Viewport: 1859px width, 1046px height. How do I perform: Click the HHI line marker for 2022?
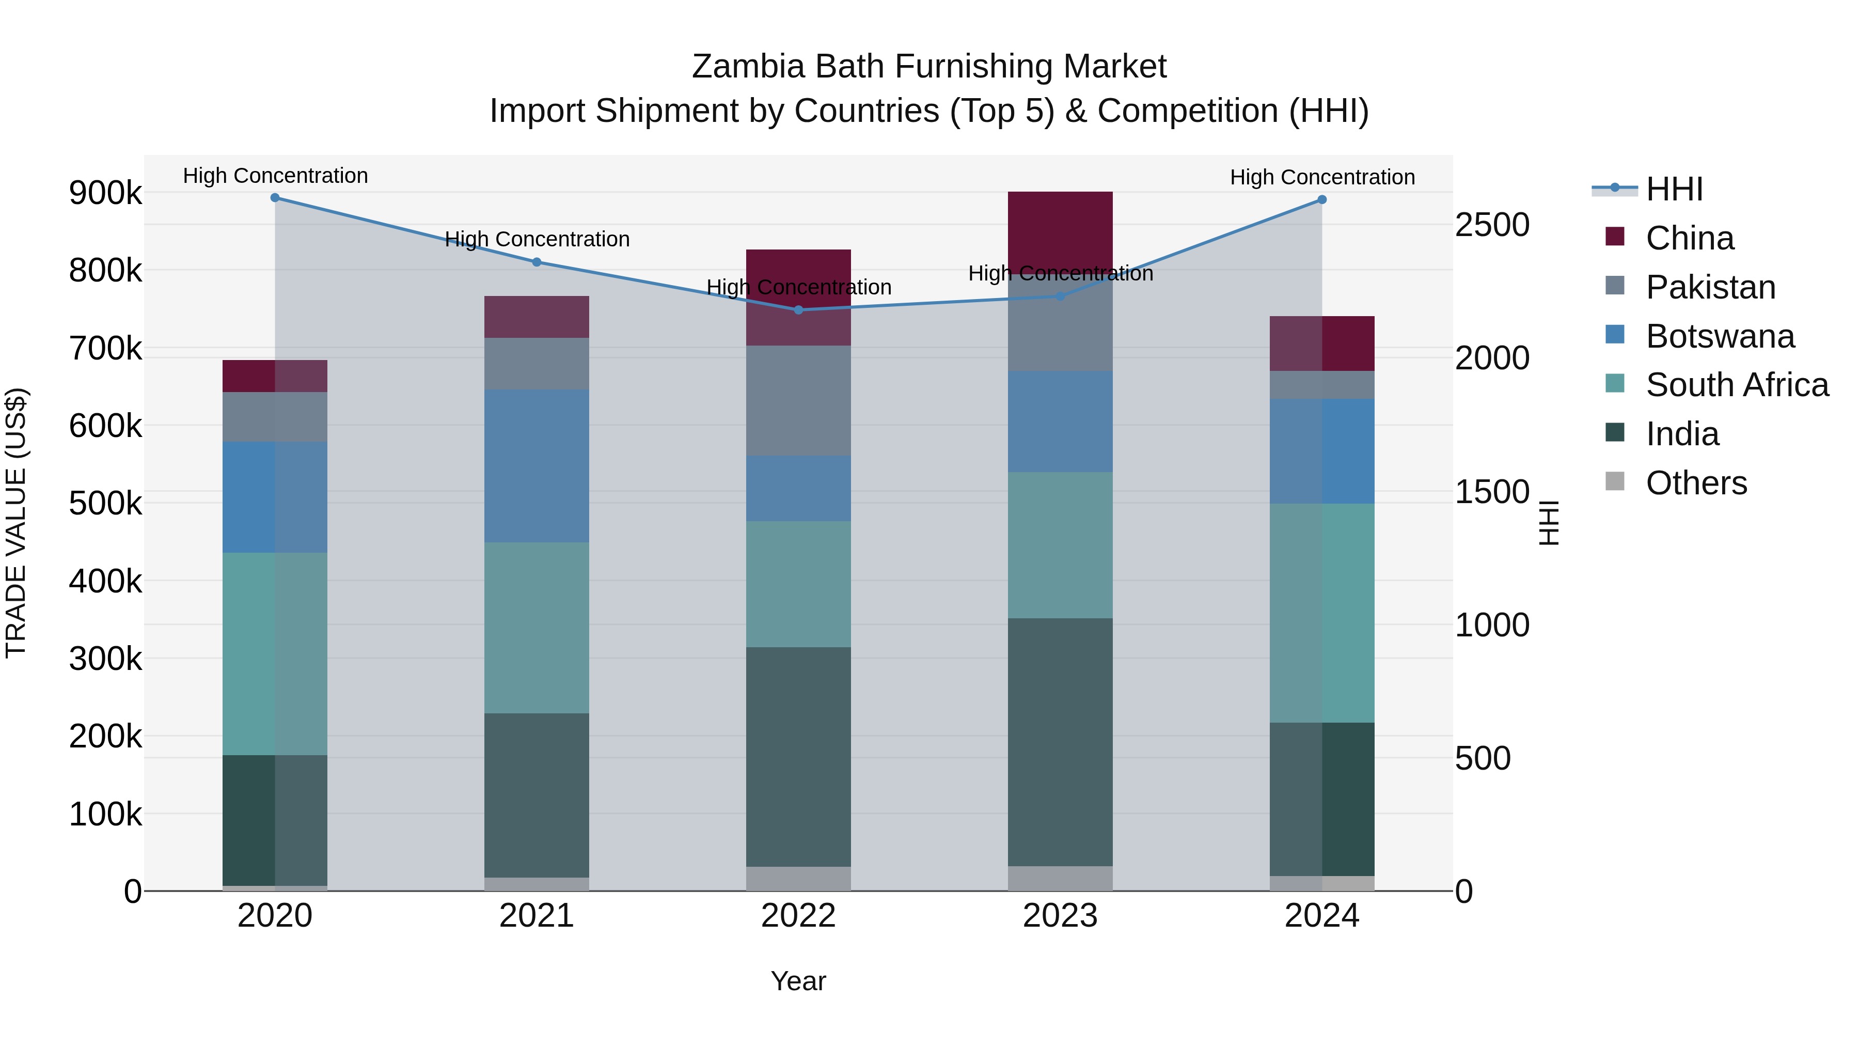tap(798, 310)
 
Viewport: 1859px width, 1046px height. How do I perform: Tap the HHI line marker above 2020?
tap(275, 197)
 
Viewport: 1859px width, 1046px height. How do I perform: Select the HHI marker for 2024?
tap(1321, 199)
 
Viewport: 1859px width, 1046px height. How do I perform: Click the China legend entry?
tap(1689, 238)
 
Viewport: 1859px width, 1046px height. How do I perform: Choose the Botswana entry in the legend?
tap(1719, 336)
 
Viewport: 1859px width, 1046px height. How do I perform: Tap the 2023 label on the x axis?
tap(1060, 916)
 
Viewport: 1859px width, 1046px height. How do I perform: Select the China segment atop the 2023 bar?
tap(1060, 231)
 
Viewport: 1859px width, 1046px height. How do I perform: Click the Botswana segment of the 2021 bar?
tap(536, 465)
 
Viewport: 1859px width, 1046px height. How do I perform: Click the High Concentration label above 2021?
tap(537, 239)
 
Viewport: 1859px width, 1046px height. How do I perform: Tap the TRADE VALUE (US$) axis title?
tap(16, 523)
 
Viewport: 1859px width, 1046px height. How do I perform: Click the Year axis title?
tap(798, 981)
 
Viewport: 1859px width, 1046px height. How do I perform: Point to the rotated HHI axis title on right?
tap(1549, 523)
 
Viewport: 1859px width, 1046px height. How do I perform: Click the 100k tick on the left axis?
tap(105, 814)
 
